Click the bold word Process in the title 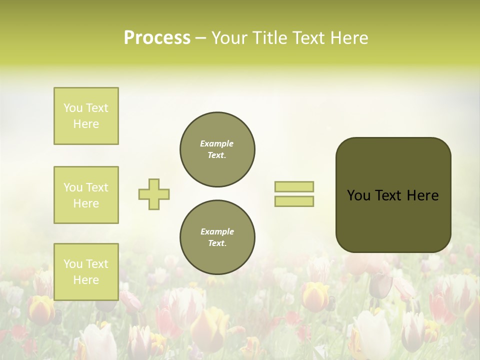coord(157,38)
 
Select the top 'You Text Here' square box coord(86,116)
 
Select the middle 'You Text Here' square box coord(86,195)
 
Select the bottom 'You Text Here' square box coord(86,272)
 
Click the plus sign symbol coord(154,194)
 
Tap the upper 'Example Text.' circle coord(217,149)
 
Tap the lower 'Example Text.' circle coord(217,237)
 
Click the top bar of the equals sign coord(294,186)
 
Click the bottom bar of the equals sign coord(294,201)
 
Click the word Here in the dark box coord(422,195)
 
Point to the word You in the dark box coord(358,195)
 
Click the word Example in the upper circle coord(217,144)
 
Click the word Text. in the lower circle coord(217,243)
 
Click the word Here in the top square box coord(86,124)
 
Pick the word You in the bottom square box coord(73,264)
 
